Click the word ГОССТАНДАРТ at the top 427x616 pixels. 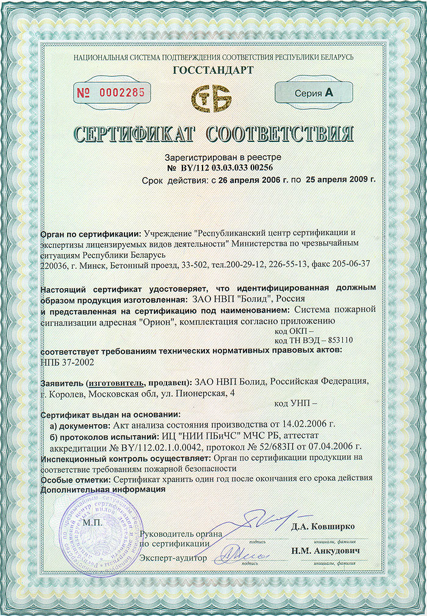(x=213, y=70)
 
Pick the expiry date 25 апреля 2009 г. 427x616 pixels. (x=341, y=180)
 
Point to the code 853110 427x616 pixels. (x=340, y=340)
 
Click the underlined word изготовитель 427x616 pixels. (x=117, y=382)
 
